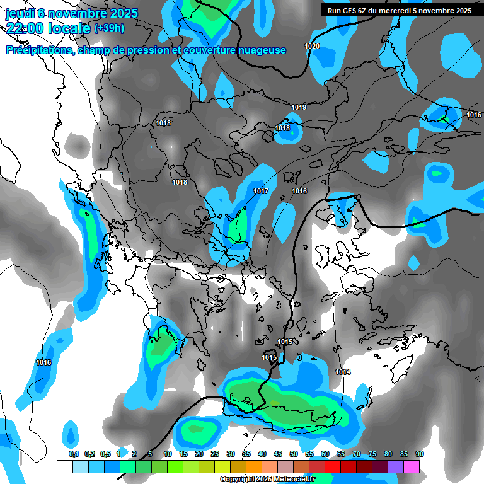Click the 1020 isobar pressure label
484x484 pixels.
[x=311, y=47]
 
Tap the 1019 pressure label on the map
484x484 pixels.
[x=299, y=108]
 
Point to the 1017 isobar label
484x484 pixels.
[x=261, y=191]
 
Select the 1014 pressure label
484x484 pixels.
[x=343, y=372]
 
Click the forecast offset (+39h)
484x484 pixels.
[x=108, y=28]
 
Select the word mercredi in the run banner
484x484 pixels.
[x=408, y=11]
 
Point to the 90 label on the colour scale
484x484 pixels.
[x=419, y=454]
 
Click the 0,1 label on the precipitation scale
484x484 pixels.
[x=73, y=454]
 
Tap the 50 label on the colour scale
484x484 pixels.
[x=294, y=454]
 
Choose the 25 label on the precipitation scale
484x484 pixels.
[x=215, y=454]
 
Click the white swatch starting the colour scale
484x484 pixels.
[x=64, y=466]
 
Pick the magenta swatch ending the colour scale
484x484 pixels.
[x=412, y=466]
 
